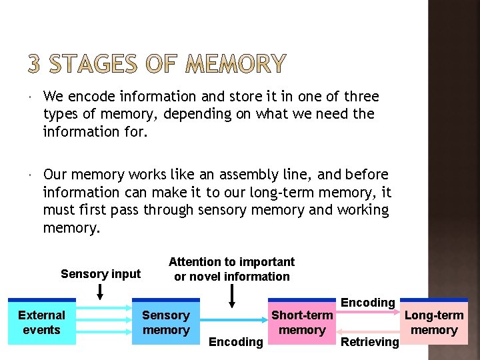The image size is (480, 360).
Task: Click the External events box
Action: click(x=41, y=323)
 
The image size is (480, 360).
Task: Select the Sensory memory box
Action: click(x=166, y=323)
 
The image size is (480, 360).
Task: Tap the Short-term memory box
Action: click(x=301, y=323)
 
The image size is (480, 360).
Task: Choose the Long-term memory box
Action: click(x=434, y=323)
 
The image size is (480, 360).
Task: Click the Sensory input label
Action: click(x=101, y=274)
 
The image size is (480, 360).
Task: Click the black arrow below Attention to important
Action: click(x=232, y=295)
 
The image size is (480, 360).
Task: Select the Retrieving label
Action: click(x=369, y=342)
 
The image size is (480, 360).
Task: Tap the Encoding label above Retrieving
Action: click(x=367, y=303)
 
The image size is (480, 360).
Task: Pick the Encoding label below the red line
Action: click(x=236, y=342)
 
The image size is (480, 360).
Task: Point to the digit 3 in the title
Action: click(x=35, y=65)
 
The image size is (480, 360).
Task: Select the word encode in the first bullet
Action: click(x=87, y=97)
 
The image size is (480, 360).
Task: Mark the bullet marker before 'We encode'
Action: click(x=31, y=97)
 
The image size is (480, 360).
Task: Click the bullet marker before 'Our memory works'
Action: click(x=31, y=175)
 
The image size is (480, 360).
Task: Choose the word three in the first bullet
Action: click(x=361, y=97)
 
